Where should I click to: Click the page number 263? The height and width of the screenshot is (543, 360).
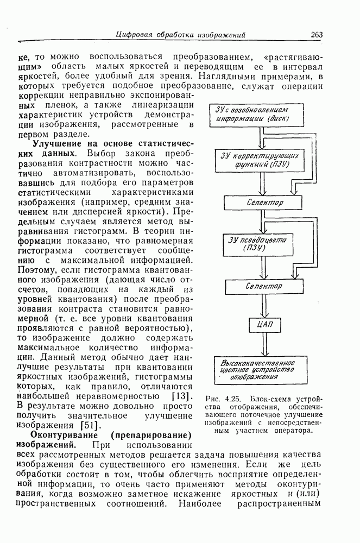[x=317, y=35]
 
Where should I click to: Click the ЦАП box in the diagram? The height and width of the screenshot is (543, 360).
[x=263, y=325]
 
